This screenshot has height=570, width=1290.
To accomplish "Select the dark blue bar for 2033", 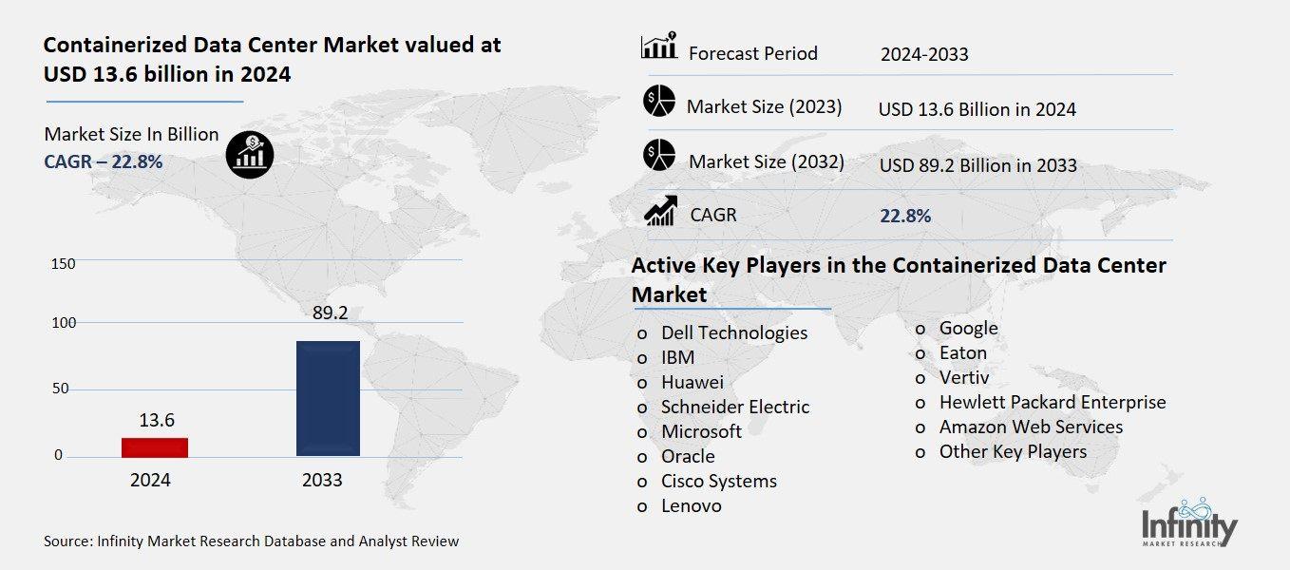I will click(x=328, y=398).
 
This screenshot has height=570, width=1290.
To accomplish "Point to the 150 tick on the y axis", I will click(x=63, y=263).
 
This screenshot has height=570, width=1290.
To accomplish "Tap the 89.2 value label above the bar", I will click(x=328, y=313).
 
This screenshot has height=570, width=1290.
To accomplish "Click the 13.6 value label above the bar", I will click(x=156, y=420).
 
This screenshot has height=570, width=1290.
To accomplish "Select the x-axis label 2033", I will click(x=322, y=480).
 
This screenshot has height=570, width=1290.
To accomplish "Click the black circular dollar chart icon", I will click(x=250, y=154).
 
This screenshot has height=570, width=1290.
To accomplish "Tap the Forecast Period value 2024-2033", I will click(x=924, y=54).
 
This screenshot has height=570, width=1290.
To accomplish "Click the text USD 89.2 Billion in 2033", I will click(x=977, y=165).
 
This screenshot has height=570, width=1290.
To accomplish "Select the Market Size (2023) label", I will click(x=764, y=106).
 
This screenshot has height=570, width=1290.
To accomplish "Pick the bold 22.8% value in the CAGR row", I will click(x=905, y=216).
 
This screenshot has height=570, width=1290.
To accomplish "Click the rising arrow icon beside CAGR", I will click(x=660, y=211).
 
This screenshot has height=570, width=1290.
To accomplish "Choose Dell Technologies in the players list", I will click(x=734, y=332).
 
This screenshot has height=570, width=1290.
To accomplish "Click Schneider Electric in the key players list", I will click(x=735, y=407).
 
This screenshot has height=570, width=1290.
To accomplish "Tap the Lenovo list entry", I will click(x=691, y=505).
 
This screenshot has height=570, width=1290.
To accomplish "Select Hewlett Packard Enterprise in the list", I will click(x=1052, y=402).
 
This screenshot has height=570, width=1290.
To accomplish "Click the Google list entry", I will click(x=968, y=328).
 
